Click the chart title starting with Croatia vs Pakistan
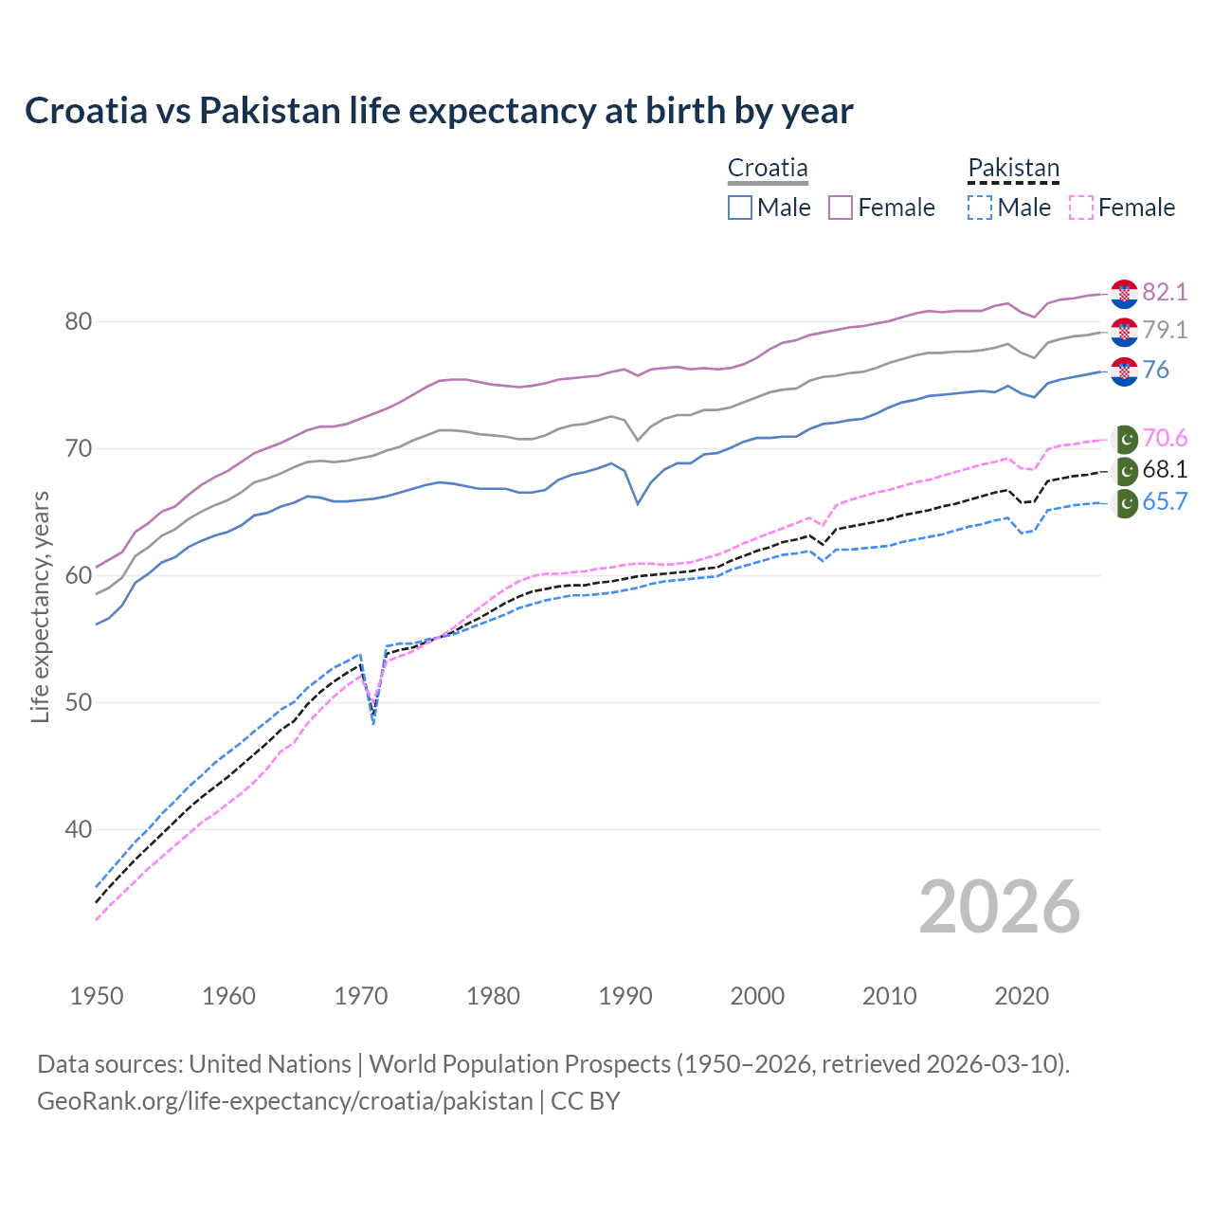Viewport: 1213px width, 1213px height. coord(439,111)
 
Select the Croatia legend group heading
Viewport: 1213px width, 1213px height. coord(768,169)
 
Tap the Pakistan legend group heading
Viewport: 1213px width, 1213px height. coord(1013,169)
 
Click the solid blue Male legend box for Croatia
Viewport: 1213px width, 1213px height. coord(740,208)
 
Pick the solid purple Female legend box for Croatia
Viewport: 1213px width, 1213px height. coord(842,208)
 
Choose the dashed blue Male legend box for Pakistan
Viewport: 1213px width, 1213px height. coord(981,208)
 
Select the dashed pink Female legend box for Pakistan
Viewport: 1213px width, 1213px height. coord(1081,208)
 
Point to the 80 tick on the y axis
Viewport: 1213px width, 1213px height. coord(79,322)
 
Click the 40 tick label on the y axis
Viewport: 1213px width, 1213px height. coord(79,830)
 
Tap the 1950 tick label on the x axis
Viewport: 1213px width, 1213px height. coord(97,996)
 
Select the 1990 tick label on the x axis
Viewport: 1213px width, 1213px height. coord(625,996)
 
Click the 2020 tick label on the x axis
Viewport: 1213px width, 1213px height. coord(1022,996)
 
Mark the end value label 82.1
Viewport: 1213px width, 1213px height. coord(1165,293)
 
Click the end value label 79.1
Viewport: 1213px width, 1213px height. coord(1165,331)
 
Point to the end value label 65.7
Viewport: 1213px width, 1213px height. coord(1165,502)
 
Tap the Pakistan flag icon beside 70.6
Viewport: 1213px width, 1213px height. coord(1125,439)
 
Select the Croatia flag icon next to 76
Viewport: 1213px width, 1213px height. coord(1124,371)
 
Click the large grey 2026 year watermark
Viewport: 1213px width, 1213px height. coord(1000,908)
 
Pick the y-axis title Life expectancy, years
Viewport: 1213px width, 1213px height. coord(41,606)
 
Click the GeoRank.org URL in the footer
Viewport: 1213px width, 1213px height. coord(284,1101)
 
